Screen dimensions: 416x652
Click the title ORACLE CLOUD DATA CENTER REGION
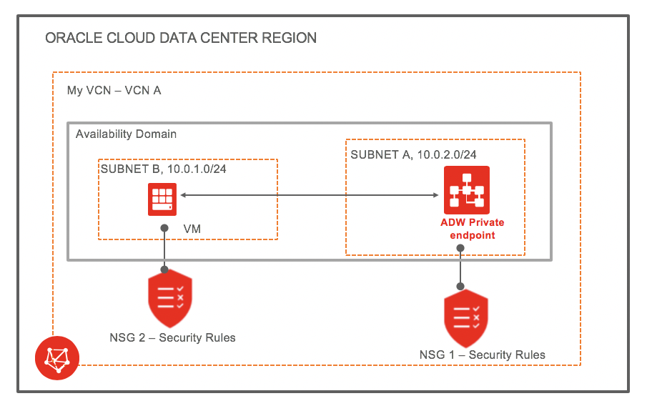(x=180, y=38)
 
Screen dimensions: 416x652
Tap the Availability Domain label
(x=126, y=134)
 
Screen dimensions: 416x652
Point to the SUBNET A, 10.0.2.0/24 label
(x=414, y=154)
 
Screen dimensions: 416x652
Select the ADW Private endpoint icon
(x=466, y=189)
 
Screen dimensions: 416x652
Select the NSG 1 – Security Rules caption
(x=483, y=355)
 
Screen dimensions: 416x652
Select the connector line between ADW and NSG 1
(x=460, y=267)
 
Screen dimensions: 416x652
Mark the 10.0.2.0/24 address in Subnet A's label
(x=445, y=154)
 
